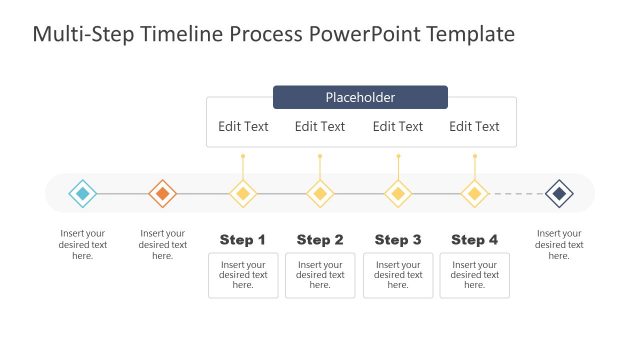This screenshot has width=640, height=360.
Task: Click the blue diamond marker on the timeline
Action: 83,193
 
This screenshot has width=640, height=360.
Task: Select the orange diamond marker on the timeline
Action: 162,193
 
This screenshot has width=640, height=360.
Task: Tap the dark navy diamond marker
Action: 559,193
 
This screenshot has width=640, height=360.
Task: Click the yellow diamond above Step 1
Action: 242,193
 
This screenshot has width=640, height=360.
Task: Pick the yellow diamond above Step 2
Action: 320,193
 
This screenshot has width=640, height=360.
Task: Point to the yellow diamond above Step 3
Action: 398,193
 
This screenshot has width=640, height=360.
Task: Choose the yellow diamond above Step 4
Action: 474,193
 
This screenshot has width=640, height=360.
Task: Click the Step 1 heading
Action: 243,240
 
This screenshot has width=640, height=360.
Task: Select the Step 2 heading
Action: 320,240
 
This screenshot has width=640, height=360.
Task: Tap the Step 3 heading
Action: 398,240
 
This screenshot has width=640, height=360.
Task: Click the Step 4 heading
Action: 474,240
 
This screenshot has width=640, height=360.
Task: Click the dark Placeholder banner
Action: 360,97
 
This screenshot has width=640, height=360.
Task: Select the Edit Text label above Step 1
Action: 243,126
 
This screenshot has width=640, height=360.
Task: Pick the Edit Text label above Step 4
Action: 474,126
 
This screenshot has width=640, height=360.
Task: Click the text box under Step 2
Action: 320,275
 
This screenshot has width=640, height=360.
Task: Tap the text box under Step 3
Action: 398,275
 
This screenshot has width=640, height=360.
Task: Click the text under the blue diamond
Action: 83,244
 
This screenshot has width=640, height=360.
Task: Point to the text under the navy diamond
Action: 559,244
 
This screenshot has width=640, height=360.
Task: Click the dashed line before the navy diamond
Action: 516,193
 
